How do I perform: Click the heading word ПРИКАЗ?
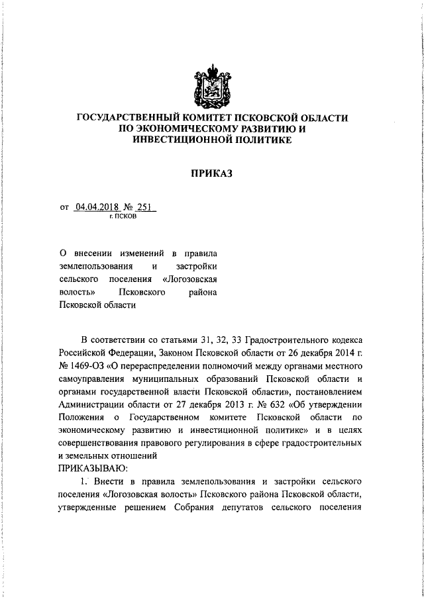[211, 175]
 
